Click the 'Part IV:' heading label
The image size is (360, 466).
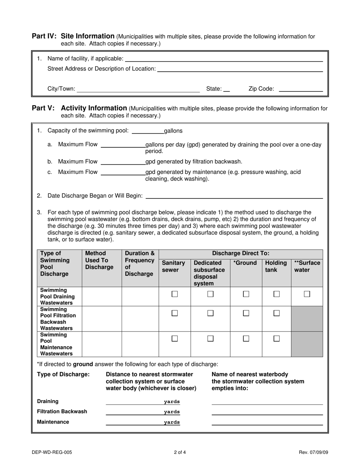coord(44,36)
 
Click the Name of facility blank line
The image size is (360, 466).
coord(224,59)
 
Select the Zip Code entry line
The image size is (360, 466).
coord(301,90)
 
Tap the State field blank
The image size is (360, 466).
coord(227,90)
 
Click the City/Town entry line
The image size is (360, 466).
coord(138,90)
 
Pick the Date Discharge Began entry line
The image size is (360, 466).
coord(234,196)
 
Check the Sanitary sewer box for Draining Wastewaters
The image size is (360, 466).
coord(175,294)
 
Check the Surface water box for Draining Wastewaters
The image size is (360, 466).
coord(307,294)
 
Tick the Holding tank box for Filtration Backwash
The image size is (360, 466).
coord(277,313)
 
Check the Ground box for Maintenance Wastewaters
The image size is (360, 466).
coord(246,339)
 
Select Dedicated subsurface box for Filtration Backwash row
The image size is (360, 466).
coord(210,313)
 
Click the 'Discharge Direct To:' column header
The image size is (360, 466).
coord(241,253)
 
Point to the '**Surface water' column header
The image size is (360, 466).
coord(307,266)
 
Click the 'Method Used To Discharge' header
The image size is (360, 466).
coord(99,260)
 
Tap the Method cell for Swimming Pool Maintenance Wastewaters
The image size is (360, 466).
coord(102,344)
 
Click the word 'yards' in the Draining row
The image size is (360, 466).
coord(172,402)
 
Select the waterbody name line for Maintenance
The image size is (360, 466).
coord(267,423)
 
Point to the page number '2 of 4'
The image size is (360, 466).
coord(180,452)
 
